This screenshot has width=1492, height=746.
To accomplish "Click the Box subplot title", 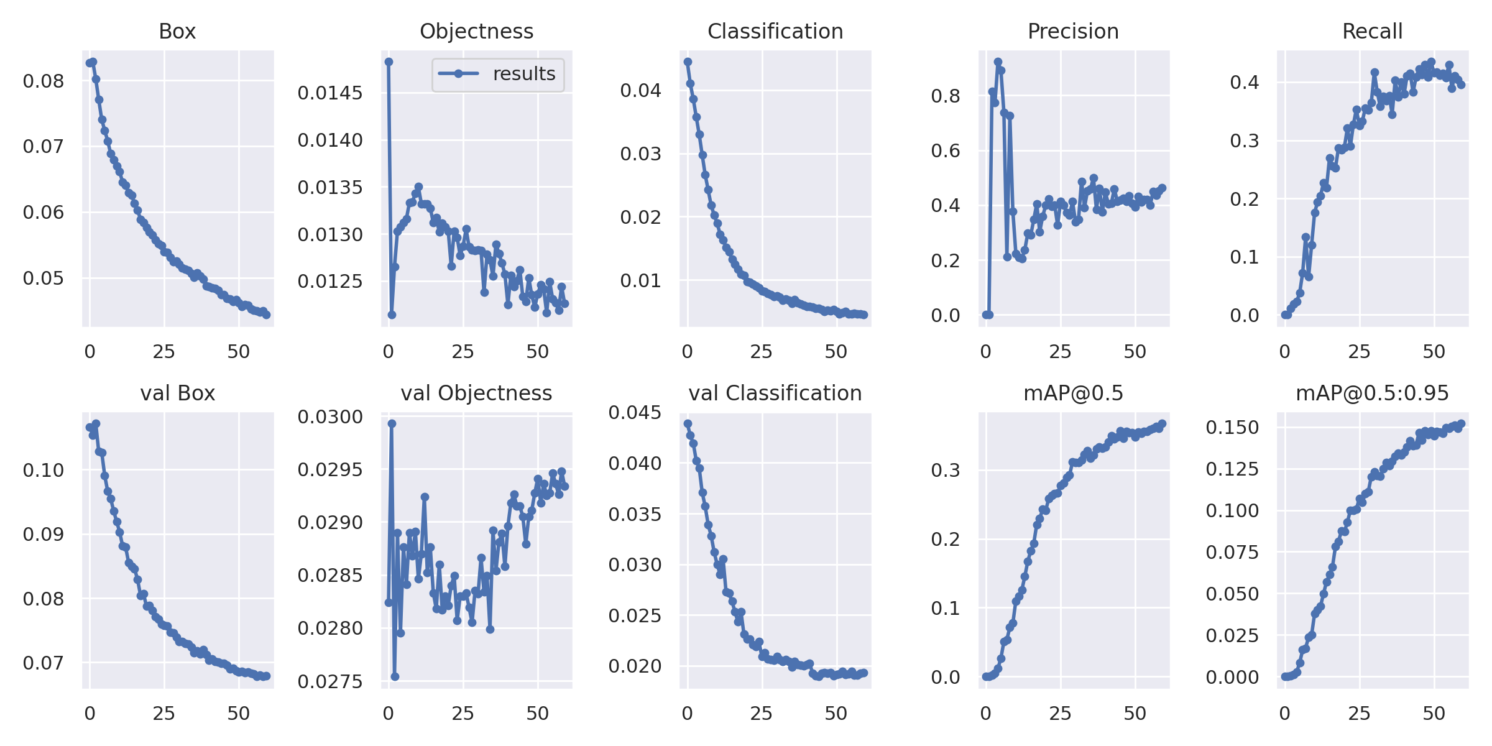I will (177, 32).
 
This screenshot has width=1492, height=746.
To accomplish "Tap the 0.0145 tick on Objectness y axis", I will (329, 93).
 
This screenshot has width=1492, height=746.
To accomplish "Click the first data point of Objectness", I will (389, 62).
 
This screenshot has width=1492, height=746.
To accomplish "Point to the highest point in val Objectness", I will (392, 423).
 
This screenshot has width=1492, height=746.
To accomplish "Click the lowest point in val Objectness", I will (395, 676).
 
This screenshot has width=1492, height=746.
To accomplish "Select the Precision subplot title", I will (1073, 32).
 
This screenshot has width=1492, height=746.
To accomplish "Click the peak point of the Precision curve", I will (998, 62).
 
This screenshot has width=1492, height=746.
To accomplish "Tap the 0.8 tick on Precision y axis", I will (945, 96).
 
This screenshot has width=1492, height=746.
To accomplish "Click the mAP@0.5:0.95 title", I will (1372, 394).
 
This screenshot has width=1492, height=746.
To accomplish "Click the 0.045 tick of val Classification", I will (635, 413).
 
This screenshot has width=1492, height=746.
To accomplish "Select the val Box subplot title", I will (177, 394).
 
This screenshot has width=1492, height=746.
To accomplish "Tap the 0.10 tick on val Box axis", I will (43, 471).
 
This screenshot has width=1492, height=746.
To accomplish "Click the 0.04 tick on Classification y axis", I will (640, 91).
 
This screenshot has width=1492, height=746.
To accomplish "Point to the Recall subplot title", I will (1372, 32).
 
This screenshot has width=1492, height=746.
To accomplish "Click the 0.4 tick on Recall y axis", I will (1244, 82).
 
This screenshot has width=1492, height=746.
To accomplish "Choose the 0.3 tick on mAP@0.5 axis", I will (945, 471).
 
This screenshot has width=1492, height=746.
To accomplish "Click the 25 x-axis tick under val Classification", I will (762, 714).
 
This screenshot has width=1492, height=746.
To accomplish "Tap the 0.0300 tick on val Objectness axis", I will (329, 417).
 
